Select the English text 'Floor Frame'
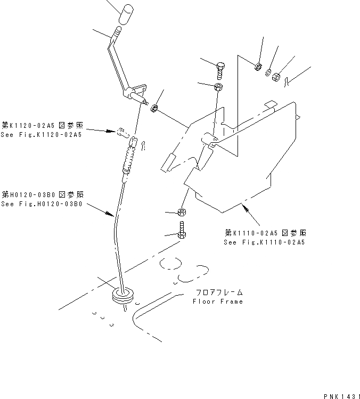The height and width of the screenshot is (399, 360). coord(218,302)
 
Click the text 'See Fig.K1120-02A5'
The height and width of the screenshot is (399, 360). coord(41,135)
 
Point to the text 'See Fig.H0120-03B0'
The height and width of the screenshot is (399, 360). coord(41,204)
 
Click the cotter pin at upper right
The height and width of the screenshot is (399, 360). coord(288,81)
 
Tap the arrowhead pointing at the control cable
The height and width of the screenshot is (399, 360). coord(113,214)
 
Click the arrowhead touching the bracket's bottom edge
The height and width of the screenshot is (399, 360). coord(245,206)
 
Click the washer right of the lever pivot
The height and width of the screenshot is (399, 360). coord(155,109)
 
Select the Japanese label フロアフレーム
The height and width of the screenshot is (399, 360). coord(219,292)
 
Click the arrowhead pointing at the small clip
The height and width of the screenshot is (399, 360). coord(116,131)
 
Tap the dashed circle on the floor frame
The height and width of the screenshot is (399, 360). coord(170,263)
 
